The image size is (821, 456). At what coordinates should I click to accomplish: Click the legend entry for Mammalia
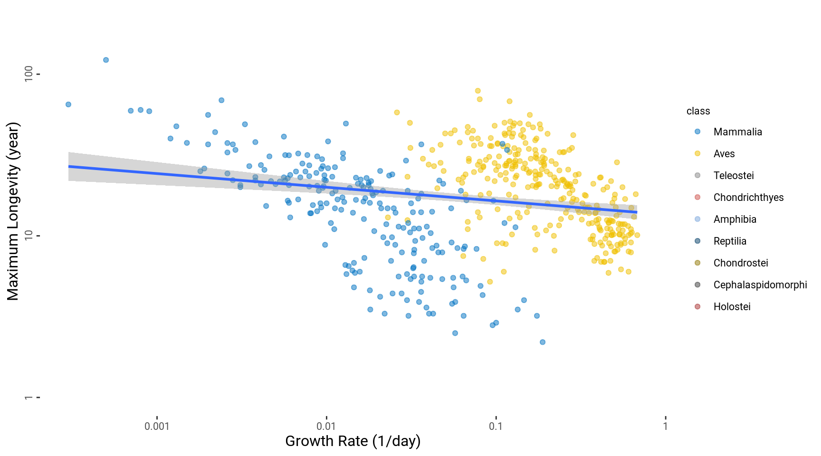737,132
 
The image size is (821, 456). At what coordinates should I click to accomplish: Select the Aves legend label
724,154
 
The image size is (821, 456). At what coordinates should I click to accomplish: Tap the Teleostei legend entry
733,176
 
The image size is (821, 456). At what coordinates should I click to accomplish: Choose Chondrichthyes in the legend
748,198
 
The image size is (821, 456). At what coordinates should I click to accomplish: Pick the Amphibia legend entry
735,219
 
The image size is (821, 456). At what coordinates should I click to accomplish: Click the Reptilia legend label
730,241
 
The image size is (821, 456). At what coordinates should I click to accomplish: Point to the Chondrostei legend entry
740,263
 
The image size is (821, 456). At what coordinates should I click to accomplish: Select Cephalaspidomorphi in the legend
760,285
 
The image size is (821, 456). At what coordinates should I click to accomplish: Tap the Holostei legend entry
732,307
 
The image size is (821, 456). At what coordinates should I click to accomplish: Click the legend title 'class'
698,111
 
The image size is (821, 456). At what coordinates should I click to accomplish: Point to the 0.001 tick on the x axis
157,426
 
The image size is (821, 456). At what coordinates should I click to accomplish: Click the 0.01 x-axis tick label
326,426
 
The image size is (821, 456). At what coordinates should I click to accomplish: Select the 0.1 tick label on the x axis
496,426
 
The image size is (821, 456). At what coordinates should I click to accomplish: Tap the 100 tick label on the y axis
29,74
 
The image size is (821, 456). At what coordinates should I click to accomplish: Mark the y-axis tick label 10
29,235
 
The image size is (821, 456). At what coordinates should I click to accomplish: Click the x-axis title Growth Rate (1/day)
353,441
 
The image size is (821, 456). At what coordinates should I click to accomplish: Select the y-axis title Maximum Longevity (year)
13,211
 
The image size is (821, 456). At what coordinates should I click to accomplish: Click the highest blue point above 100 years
106,60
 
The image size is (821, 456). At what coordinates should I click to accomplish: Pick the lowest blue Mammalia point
543,342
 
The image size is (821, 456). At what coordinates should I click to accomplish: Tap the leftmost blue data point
68,104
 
